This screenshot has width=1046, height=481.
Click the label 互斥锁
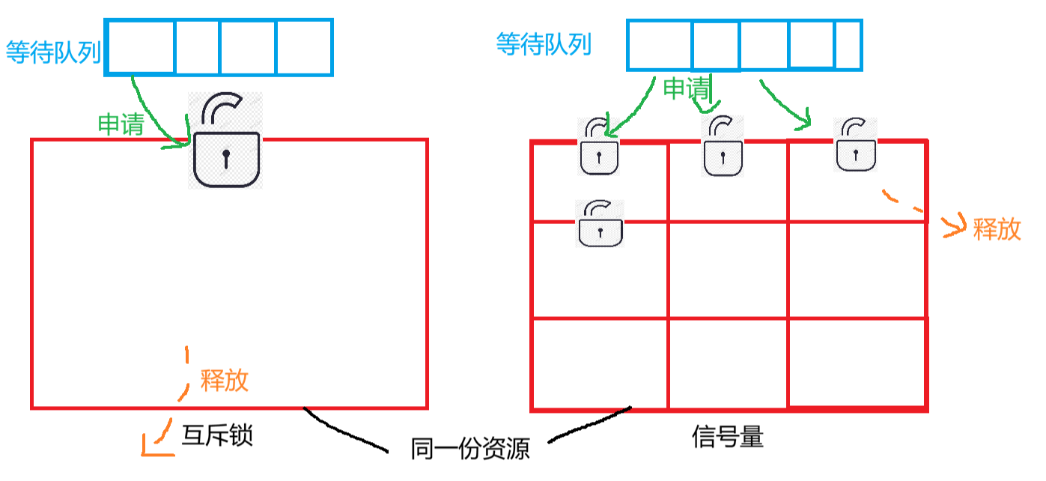coord(217,435)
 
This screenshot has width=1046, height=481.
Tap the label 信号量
coord(728,437)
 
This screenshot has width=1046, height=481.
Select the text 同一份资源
coord(469,449)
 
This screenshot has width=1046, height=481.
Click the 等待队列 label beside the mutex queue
coord(53,52)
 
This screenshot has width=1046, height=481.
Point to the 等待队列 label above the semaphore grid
coord(544,45)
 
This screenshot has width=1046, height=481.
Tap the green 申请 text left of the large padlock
coord(121,124)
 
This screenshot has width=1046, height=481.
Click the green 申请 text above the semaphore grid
coord(686,89)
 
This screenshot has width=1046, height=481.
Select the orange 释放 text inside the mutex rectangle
coord(224,381)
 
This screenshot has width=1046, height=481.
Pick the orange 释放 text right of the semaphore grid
coord(997,229)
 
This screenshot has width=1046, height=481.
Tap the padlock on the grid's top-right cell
coord(856,145)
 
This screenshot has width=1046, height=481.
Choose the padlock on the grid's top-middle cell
coord(723,147)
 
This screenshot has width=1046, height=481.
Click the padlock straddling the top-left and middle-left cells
coord(600,223)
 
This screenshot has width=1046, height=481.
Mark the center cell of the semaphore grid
coord(727,270)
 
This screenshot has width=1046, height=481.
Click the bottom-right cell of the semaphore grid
coord(857,363)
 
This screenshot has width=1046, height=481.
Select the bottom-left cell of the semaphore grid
coord(600,363)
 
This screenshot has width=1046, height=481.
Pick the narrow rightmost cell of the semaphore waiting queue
coord(848,45)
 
